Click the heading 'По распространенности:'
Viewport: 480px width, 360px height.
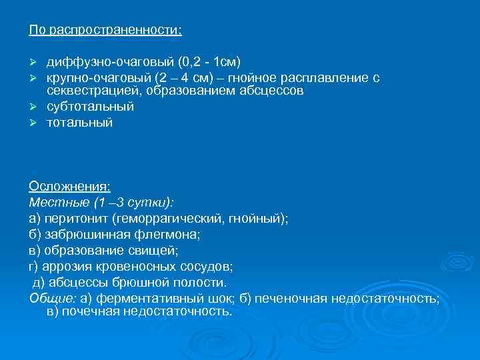tap(105, 31)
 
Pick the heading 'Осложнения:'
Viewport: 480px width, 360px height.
tap(70, 186)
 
